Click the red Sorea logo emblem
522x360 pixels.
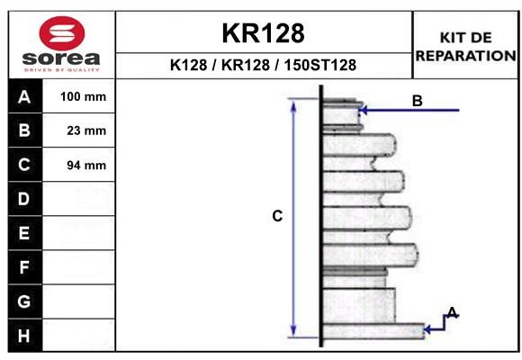[x=62, y=33]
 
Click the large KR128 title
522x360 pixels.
[x=263, y=33]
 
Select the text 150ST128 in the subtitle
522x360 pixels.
[x=319, y=65]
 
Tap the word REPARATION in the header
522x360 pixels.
[x=465, y=56]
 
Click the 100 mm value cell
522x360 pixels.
[x=78, y=96]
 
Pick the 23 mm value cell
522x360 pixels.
[x=78, y=130]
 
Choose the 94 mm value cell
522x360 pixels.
[x=78, y=165]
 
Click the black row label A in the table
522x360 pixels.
[x=25, y=96]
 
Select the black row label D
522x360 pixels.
[x=25, y=199]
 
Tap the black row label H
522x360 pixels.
[x=25, y=336]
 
